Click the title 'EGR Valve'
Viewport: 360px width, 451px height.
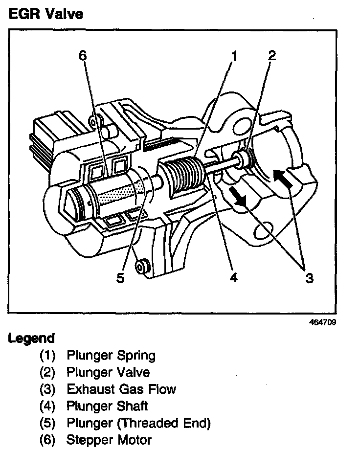(x=45, y=14)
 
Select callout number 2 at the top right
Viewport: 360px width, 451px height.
(x=272, y=55)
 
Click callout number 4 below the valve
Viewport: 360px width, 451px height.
(x=234, y=277)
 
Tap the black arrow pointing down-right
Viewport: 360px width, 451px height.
(x=239, y=197)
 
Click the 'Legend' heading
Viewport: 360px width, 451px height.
(x=31, y=338)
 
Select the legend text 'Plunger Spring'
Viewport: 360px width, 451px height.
(x=111, y=356)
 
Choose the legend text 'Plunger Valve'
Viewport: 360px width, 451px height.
(x=108, y=372)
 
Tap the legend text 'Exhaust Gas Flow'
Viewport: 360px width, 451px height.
(x=121, y=389)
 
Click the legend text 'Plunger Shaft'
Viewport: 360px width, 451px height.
(x=107, y=406)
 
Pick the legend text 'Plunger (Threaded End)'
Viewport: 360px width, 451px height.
(x=138, y=423)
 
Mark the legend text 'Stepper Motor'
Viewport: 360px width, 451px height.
(x=109, y=439)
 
